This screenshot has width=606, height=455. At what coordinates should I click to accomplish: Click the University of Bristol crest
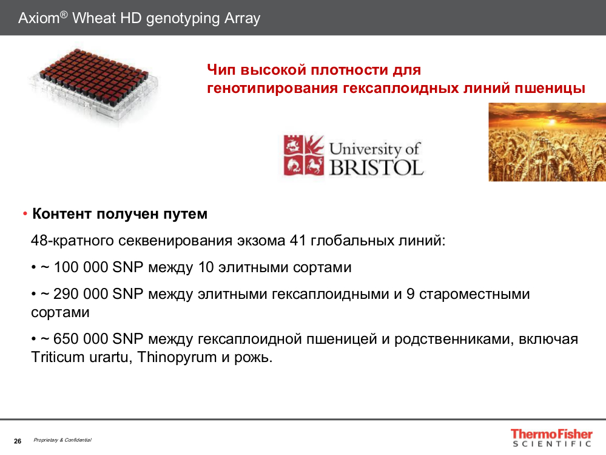[x=303, y=155]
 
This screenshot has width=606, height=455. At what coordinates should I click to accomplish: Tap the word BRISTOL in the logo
[x=377, y=167]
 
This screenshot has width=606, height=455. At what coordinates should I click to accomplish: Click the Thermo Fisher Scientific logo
[x=551, y=438]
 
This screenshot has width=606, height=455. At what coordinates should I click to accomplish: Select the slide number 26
[x=18, y=441]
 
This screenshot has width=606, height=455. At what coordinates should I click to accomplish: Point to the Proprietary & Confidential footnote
[x=62, y=440]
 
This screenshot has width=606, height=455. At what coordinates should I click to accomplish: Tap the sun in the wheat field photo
[x=552, y=122]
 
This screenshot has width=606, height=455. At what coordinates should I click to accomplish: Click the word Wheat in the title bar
[x=94, y=18]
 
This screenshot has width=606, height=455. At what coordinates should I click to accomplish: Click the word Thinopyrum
[x=177, y=357]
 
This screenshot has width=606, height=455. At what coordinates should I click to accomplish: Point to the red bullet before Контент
[x=25, y=214]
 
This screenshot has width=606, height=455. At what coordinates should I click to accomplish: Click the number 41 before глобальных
[x=298, y=241]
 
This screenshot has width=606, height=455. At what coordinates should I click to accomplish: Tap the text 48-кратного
[x=72, y=241]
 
